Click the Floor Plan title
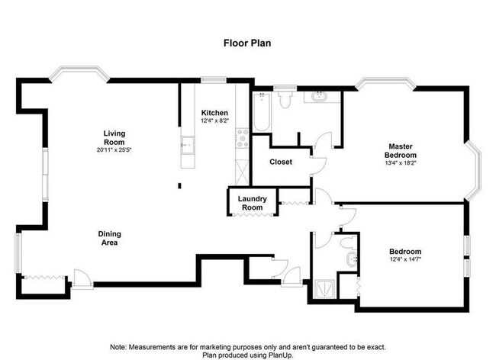point(247,43)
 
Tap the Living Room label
point(114,137)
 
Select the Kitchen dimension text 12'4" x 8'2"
point(214,121)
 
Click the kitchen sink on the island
point(188,145)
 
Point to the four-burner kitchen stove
point(243,138)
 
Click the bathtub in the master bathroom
point(262,112)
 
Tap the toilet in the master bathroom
point(285,99)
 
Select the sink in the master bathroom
point(320,96)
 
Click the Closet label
point(281,162)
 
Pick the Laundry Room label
point(252,203)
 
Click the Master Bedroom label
point(401,151)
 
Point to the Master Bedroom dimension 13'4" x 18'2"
point(401,163)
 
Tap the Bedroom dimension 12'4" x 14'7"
point(405,259)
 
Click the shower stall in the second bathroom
point(324,289)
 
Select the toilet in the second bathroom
point(349,243)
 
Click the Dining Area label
point(109,238)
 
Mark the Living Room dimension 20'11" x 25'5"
point(114,150)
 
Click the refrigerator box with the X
point(243,172)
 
